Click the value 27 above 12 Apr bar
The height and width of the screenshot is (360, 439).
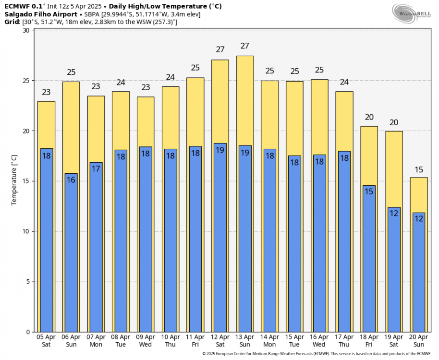click(220, 49)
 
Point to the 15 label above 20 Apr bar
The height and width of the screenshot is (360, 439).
click(419, 169)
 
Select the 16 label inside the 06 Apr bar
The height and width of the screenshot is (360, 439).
click(71, 180)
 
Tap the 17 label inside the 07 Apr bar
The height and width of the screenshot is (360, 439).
click(96, 168)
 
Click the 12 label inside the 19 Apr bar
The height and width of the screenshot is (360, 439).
click(394, 213)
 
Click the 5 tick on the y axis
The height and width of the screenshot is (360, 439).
click(27, 282)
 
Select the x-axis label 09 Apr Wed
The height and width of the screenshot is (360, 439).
click(146, 341)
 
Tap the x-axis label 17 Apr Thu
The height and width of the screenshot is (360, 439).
click(344, 341)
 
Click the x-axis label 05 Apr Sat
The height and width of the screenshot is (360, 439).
click(46, 341)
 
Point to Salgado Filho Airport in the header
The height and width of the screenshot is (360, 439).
click(41, 14)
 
